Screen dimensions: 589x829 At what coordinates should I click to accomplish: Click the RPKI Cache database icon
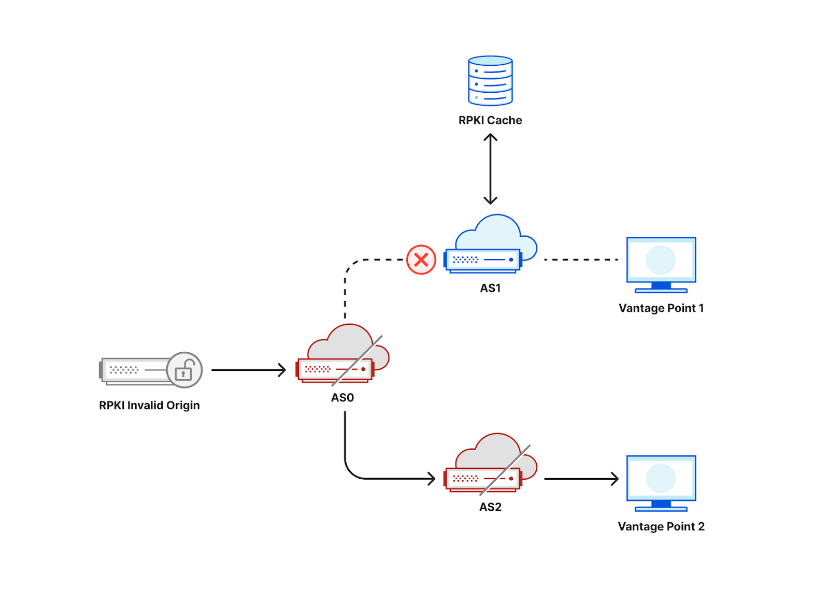pos(490,81)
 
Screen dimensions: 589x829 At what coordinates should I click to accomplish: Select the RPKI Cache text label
pos(490,120)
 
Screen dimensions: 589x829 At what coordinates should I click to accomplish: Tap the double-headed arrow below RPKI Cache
pos(490,169)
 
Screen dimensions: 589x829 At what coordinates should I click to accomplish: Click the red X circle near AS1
pos(421,260)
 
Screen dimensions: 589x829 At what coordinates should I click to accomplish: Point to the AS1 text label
pos(490,288)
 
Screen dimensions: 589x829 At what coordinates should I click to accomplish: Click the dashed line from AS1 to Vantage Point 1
pos(580,260)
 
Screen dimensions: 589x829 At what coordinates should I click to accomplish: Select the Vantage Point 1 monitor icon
pos(661,264)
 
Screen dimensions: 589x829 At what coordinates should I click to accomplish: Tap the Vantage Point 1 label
pos(661,308)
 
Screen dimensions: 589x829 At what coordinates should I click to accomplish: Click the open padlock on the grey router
pos(184,370)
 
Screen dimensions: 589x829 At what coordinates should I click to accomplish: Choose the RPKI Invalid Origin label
pos(149,405)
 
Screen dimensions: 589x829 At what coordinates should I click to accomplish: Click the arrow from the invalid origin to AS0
pos(248,370)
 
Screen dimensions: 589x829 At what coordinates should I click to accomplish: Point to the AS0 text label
pos(342,397)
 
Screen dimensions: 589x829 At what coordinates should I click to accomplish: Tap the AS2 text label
pos(490,507)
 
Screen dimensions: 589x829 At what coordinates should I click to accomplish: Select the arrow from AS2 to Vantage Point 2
pos(581,479)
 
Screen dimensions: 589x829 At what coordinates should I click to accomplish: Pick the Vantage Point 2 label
pos(661,526)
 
